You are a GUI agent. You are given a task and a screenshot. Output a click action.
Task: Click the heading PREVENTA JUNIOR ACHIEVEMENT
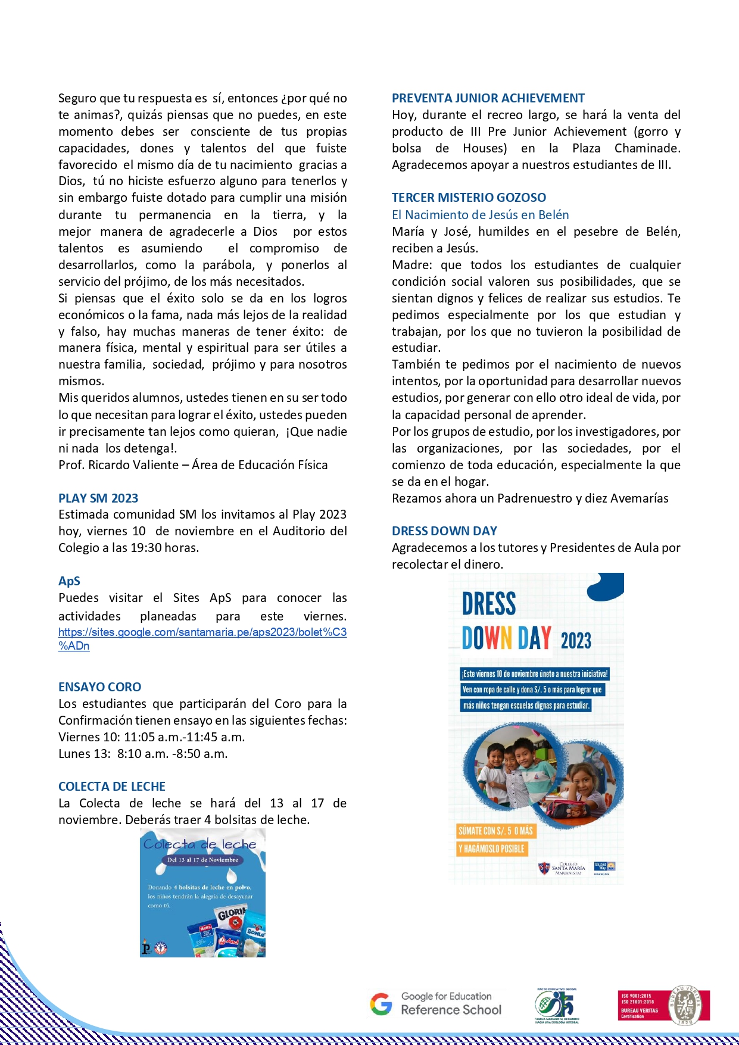[x=488, y=98]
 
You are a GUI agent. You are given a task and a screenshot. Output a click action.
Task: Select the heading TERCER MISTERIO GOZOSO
[x=469, y=198]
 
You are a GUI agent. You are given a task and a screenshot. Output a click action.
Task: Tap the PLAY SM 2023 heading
[x=98, y=498]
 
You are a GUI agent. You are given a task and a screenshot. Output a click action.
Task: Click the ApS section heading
[x=69, y=581]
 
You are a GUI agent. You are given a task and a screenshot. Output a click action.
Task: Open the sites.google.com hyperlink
[x=202, y=632]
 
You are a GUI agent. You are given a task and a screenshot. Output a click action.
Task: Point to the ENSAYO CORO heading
[x=99, y=687]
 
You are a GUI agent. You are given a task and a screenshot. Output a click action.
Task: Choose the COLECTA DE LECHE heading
[x=112, y=787]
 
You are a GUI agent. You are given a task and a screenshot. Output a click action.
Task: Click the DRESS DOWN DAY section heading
[x=444, y=531]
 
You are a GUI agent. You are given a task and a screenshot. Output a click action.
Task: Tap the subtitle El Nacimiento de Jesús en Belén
[x=480, y=215]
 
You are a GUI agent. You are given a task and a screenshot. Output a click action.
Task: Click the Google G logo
[x=381, y=1004]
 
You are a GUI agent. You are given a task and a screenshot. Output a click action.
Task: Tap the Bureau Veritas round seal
[x=688, y=1006]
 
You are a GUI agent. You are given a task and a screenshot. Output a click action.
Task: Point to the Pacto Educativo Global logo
[x=557, y=1005]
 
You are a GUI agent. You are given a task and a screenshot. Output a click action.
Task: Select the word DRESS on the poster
[x=489, y=604]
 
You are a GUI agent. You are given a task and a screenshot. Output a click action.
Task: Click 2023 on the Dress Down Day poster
[x=575, y=641]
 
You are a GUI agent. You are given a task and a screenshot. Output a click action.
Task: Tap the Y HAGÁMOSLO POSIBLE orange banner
[x=492, y=849]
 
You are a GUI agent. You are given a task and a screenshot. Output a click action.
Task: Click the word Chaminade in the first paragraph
[x=647, y=148]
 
